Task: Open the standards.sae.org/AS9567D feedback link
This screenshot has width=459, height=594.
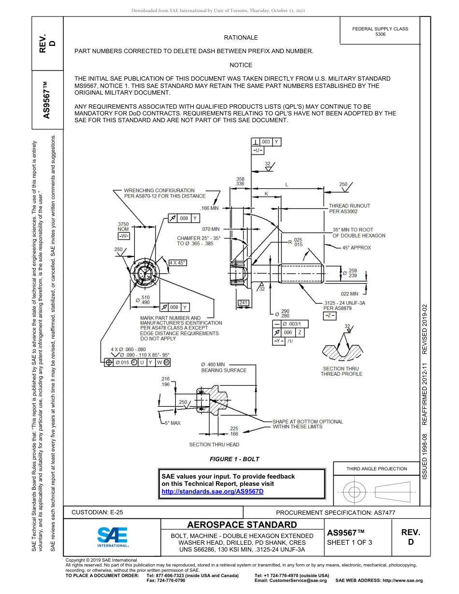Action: point(212,491)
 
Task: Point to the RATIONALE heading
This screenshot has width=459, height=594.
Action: point(241,38)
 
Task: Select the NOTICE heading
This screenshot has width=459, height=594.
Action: point(241,65)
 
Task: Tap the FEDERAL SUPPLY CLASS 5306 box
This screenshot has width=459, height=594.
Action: point(380,32)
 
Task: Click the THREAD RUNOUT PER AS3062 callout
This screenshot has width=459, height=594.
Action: point(349,209)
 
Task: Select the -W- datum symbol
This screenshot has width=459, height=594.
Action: point(123,236)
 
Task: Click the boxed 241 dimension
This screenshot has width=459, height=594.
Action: point(244,303)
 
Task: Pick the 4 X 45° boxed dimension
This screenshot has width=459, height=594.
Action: point(177,262)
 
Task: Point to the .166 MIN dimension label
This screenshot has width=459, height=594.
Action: point(209,208)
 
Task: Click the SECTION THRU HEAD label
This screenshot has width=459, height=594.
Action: point(214,444)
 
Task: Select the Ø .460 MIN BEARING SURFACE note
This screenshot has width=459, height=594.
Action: point(224,368)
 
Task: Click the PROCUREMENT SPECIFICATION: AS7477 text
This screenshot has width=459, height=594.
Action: point(336,513)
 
